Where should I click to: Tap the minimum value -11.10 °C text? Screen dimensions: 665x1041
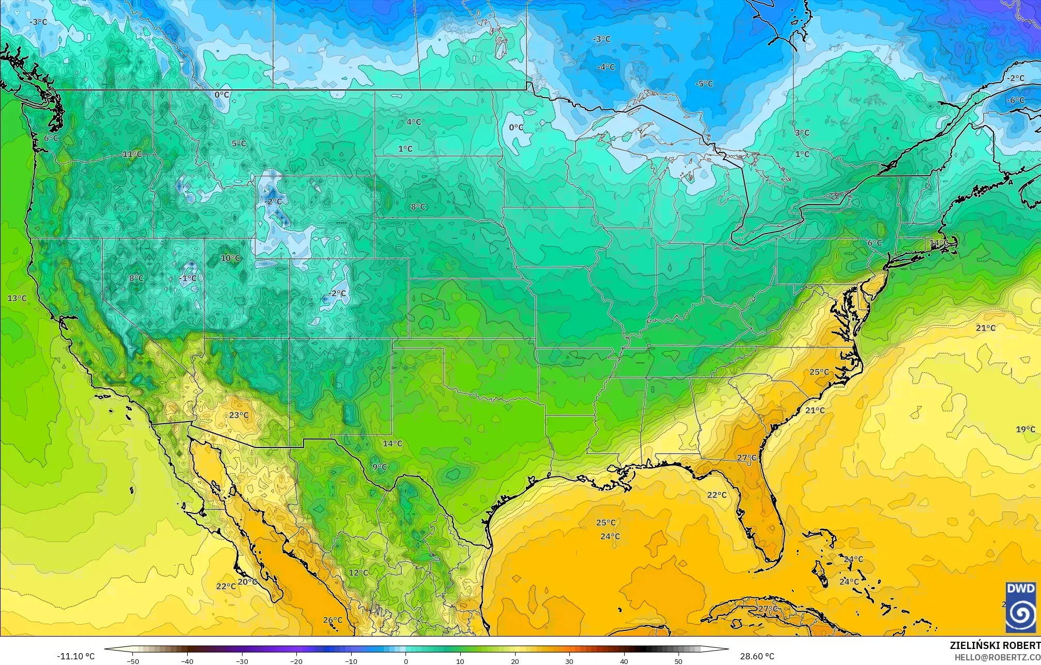tap(76, 657)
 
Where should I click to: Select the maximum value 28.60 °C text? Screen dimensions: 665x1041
tap(757, 657)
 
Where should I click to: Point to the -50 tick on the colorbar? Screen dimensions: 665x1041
tap(133, 661)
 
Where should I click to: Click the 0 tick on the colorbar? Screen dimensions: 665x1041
tap(406, 661)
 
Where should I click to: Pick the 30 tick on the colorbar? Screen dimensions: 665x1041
tap(569, 661)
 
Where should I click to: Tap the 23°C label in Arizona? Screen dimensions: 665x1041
tap(238, 415)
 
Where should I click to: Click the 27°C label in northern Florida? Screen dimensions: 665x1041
tap(746, 458)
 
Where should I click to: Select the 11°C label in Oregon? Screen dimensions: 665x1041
tap(132, 154)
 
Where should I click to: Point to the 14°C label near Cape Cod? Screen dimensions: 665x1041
tap(939, 243)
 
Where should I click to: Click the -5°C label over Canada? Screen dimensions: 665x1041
tap(704, 84)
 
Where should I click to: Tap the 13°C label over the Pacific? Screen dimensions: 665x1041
tap(17, 298)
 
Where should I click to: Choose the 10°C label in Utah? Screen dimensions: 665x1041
tap(230, 258)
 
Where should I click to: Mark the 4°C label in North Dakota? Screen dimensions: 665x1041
tap(413, 122)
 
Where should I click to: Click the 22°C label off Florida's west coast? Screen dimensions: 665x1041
tap(717, 494)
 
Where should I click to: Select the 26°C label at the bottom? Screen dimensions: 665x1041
tap(333, 620)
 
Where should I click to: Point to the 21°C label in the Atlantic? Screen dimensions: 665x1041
tap(986, 328)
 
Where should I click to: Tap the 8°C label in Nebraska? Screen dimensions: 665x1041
tap(418, 207)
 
